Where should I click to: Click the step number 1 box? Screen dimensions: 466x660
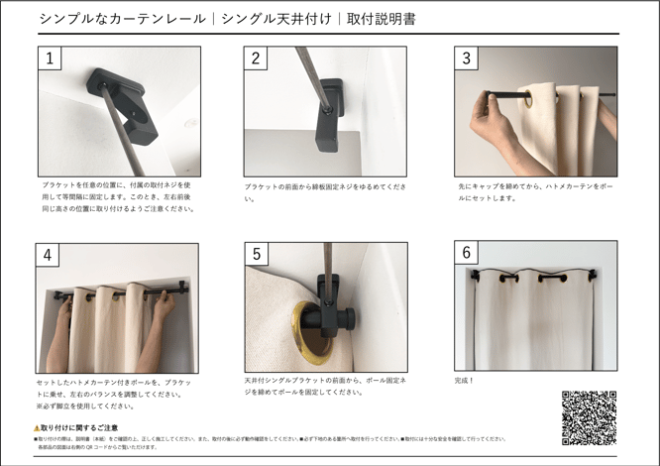click(x=50, y=58)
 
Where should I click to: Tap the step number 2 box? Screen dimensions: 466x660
click(x=256, y=58)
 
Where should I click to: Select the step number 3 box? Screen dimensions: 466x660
click(x=466, y=58)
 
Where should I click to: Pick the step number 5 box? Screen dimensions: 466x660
click(x=256, y=255)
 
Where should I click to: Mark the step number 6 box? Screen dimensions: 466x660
click(x=466, y=254)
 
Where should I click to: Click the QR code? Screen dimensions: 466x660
click(x=589, y=416)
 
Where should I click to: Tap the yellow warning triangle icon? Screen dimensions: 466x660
click(x=37, y=427)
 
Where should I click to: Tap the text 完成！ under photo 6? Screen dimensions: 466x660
click(x=465, y=380)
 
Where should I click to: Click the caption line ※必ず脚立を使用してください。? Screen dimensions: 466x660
click(x=88, y=406)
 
